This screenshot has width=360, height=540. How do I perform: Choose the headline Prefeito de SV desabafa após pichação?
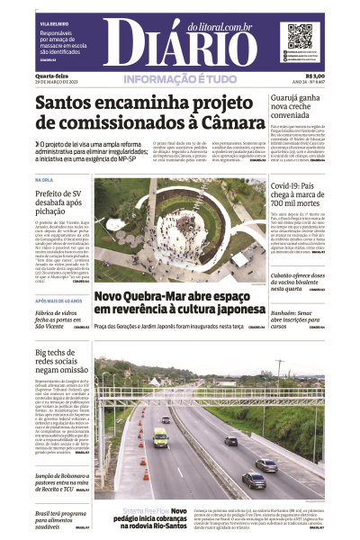click(x=59, y=203)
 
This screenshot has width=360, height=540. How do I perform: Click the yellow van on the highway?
click(x=160, y=437)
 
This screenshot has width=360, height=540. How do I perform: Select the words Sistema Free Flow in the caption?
click(x=144, y=511)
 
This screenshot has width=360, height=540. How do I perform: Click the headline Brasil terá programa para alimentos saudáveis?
click(x=58, y=518)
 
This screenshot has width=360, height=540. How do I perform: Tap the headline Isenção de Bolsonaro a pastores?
click(x=58, y=481)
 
